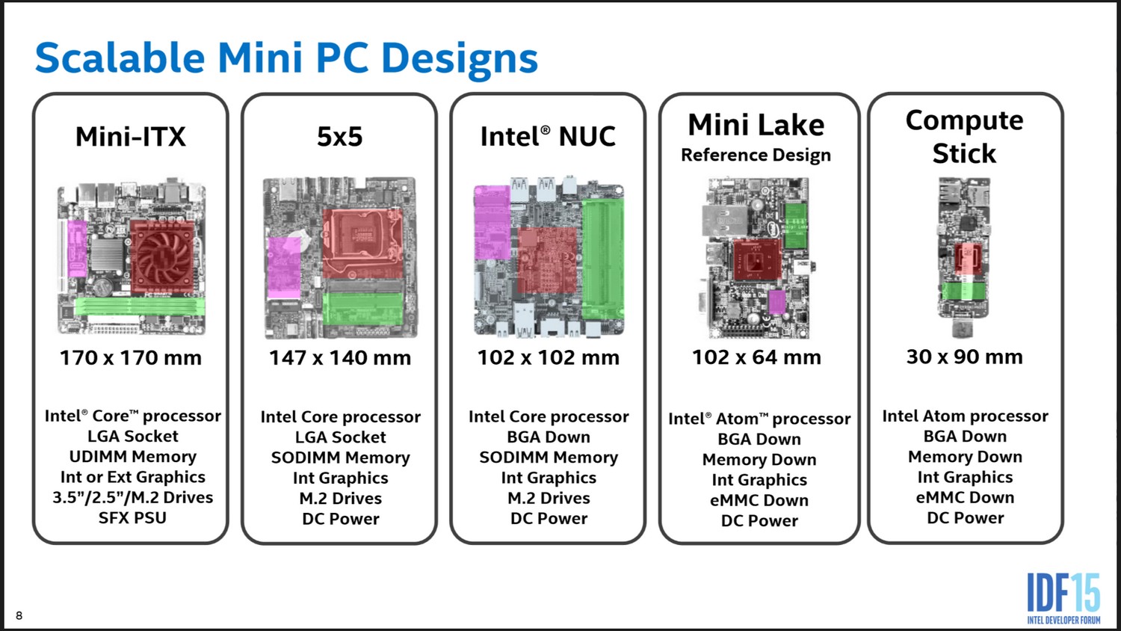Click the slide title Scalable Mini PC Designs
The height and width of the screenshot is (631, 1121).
(286, 58)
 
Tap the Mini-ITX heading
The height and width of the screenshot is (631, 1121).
(131, 137)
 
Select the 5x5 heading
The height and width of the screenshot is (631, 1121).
(340, 137)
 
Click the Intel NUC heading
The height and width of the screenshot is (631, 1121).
(548, 137)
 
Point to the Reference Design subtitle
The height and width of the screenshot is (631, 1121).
(756, 156)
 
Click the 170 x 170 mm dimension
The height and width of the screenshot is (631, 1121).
(131, 358)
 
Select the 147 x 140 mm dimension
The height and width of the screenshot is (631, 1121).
(340, 358)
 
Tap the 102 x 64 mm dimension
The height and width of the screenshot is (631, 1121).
(756, 357)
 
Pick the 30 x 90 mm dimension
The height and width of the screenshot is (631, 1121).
(964, 357)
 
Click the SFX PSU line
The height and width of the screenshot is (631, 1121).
(132, 518)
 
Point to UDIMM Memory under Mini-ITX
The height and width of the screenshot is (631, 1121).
(132, 457)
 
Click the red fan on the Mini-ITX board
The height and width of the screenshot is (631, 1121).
(162, 257)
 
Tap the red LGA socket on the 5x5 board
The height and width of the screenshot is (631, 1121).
(362, 244)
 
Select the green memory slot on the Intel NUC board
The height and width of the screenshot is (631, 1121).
(603, 259)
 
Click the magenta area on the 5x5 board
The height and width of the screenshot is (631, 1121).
(284, 268)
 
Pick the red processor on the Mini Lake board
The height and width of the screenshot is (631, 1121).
(757, 260)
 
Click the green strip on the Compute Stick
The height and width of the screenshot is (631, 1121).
(964, 292)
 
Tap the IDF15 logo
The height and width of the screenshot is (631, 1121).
(1063, 598)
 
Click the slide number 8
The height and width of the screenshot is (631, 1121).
(19, 615)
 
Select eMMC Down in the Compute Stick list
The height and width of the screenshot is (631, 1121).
(965, 498)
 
